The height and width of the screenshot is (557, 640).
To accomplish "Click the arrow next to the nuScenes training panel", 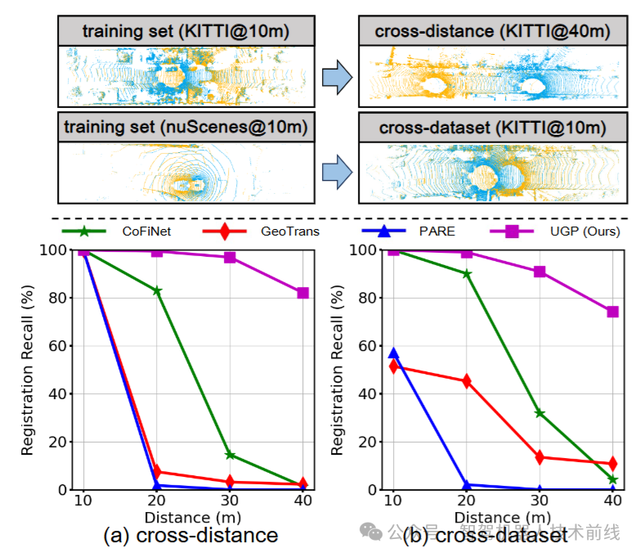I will coord(336,171).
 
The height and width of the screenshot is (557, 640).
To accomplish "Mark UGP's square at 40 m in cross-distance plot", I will coord(302,293).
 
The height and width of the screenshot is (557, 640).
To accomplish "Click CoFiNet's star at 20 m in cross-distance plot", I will coord(157,290).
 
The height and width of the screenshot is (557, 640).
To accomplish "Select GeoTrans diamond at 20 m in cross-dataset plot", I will coord(467,381).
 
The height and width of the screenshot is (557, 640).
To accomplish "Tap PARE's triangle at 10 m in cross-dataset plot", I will coord(393,353).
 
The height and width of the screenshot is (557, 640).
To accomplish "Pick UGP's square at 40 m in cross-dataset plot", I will coord(612,312).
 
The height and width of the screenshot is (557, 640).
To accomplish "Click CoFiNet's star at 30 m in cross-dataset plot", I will coord(539,413).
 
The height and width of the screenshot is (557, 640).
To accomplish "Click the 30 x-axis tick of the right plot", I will coord(539,501).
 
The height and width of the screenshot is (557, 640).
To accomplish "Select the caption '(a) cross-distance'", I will coord(190,536).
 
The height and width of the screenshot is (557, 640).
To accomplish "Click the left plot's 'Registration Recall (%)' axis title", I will coord(27,371).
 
